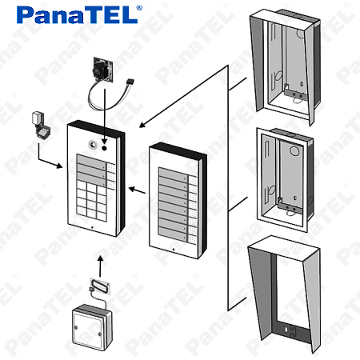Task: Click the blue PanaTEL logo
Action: coord(77,15)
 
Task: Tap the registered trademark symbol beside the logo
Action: coord(139,8)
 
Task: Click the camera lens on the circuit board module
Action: coord(99,70)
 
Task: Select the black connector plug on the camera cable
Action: coord(130,81)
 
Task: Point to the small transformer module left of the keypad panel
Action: coord(41,125)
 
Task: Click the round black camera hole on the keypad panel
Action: coord(104,148)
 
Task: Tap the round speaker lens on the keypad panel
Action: coord(93,145)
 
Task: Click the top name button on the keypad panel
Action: coord(90,161)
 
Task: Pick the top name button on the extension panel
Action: coord(173,174)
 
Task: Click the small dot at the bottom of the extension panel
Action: coord(174,250)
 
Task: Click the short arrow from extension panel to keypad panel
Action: coord(137,190)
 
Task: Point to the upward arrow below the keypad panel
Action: coord(100,266)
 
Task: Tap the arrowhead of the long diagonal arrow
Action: coord(142,125)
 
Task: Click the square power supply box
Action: coord(92,327)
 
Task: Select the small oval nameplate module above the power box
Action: coord(100,286)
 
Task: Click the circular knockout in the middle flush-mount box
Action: coord(294,150)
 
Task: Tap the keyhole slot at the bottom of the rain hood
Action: coord(286,330)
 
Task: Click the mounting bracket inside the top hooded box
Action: coord(294,93)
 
